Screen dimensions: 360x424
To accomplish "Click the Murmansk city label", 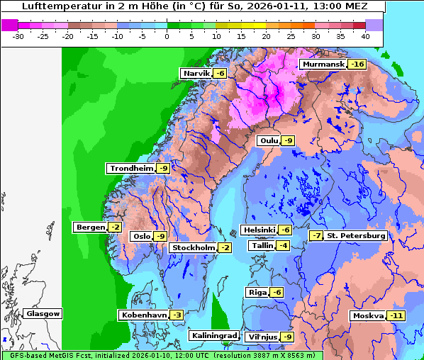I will (x=323, y=64).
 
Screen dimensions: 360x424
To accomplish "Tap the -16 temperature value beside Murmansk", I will (x=357, y=64).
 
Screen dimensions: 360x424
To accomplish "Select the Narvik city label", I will (x=196, y=74).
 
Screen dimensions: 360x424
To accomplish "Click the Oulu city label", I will (x=269, y=141).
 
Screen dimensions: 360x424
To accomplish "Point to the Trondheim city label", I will (x=131, y=169).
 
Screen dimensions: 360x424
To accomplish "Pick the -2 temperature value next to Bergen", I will (x=115, y=227).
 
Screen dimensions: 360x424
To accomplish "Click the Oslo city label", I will (x=142, y=237).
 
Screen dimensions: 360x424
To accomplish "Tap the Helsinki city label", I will (x=259, y=230).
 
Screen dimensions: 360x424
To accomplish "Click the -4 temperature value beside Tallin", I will (x=284, y=246).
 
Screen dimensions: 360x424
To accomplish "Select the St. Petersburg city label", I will (x=356, y=236).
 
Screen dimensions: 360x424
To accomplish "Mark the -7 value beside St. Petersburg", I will (x=316, y=236).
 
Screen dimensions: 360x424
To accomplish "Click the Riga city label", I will (x=257, y=293).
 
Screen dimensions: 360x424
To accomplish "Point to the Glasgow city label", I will (x=43, y=314).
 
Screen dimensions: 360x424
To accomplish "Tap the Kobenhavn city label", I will (x=144, y=315).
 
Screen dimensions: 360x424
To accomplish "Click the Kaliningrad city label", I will (x=213, y=336).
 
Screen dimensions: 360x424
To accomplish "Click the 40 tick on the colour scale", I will (x=365, y=36).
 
